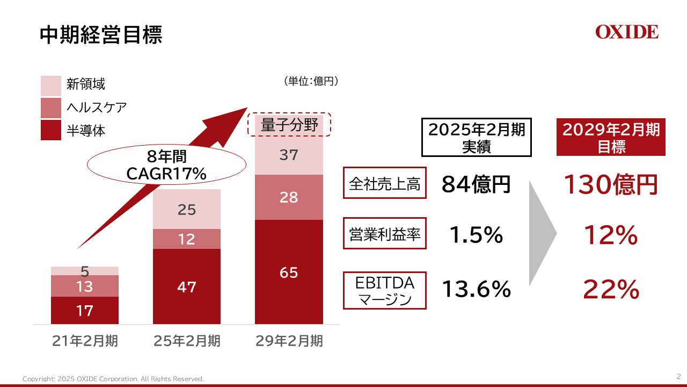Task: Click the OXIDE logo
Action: pyautogui.click(x=626, y=32)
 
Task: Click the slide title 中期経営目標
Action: pyautogui.click(x=101, y=35)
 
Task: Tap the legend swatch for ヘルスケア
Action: pyautogui.click(x=51, y=107)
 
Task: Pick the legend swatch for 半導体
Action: pyautogui.click(x=51, y=130)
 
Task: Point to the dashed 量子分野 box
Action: pyautogui.click(x=289, y=126)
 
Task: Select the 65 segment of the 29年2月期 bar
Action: pyautogui.click(x=289, y=273)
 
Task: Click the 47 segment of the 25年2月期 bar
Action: pyautogui.click(x=187, y=286)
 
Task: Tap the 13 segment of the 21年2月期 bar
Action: pyautogui.click(x=85, y=286)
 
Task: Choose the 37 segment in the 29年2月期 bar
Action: pyautogui.click(x=289, y=156)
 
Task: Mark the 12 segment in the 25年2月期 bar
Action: pyautogui.click(x=187, y=239)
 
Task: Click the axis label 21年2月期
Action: pyautogui.click(x=85, y=341)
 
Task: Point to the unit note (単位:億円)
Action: pyautogui.click(x=310, y=81)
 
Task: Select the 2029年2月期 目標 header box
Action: pyautogui.click(x=611, y=138)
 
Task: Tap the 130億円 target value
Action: pyautogui.click(x=611, y=185)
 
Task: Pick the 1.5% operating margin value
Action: pyautogui.click(x=476, y=235)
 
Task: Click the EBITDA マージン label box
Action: pyautogui.click(x=384, y=290)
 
